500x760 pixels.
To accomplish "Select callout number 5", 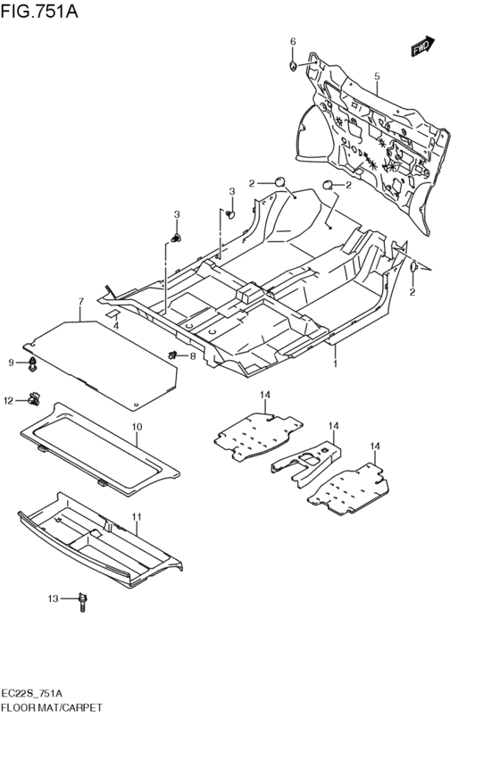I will pos(377,78).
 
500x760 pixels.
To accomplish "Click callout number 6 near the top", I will pos(292,41).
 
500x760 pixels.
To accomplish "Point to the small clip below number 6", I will pos(293,65).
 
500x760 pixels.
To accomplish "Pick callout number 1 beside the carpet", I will pos(335,364).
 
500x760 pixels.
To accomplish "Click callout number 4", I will pos(115,325).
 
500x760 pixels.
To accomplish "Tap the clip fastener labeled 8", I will pos(171,356).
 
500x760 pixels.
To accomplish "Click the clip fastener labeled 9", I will pos(34,363).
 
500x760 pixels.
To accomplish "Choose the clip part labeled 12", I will pos(35,399).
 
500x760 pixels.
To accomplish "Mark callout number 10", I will pos(137,428).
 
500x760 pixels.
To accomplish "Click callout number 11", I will pos(137,517).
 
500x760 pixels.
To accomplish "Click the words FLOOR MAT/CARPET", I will pos(52,706).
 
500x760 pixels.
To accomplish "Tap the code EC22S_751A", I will pos(37,693).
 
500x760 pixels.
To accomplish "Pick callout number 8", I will pos(191,357).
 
